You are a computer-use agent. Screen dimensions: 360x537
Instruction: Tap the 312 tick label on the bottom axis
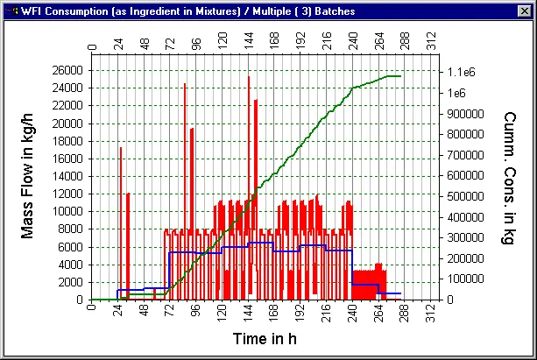tap(430, 312)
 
